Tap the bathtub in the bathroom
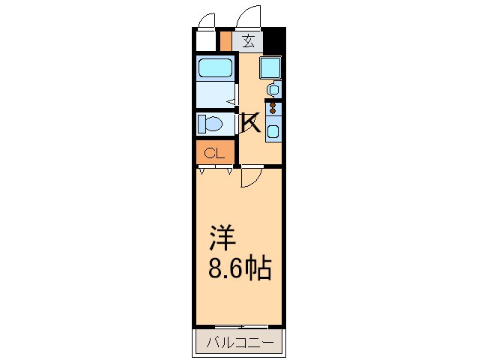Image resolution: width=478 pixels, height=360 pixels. [x=214, y=69]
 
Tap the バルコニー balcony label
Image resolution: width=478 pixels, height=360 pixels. [x=239, y=344]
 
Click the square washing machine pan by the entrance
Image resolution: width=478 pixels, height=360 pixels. [x=270, y=68]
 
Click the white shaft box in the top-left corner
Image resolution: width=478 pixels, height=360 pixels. [x=205, y=40]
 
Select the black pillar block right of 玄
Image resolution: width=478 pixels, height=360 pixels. [x=276, y=39]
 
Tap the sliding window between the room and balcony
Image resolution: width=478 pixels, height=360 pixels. [x=239, y=327]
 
